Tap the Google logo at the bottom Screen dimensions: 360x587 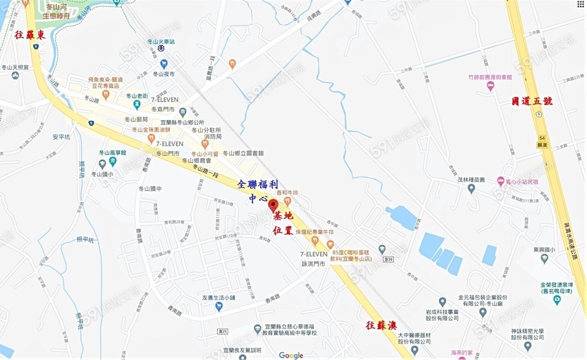point(291,355)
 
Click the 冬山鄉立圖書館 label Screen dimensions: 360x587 point(243,153)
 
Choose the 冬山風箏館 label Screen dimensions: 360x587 point(112,153)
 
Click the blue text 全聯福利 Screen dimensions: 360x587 point(259,185)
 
